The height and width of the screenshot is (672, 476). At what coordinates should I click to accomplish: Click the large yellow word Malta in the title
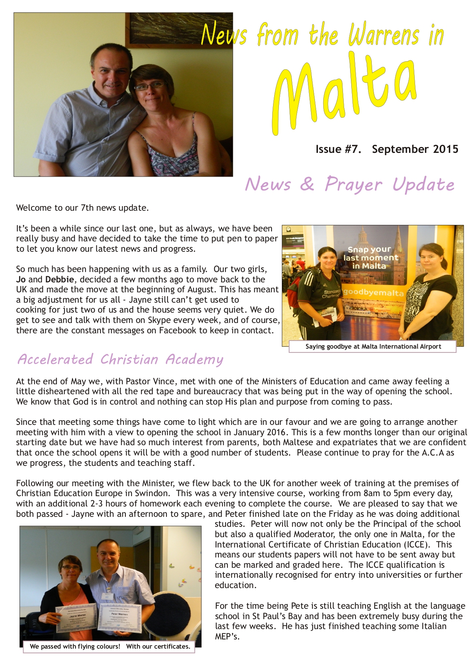[x=345, y=96]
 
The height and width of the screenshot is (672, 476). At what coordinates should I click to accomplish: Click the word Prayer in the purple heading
[x=353, y=185]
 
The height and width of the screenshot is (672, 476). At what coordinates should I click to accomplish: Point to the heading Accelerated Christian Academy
[x=120, y=359]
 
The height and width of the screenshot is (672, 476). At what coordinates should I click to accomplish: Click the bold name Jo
[x=21, y=279]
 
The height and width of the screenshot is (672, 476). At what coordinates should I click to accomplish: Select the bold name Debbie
[x=59, y=279]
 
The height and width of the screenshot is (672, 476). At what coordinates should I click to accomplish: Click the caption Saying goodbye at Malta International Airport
[x=373, y=347]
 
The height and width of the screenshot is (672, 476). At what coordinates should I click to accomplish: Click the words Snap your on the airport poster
[x=369, y=250]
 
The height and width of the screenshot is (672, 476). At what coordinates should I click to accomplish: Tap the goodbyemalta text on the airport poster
[x=373, y=293]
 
